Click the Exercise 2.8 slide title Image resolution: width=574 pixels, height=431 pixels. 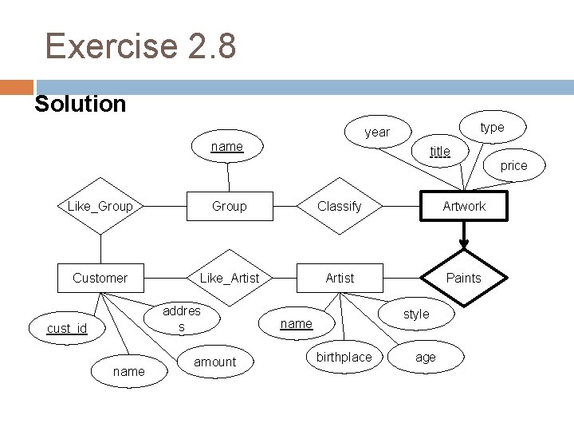pos(140,45)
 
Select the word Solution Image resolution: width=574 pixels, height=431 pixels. pos(81,104)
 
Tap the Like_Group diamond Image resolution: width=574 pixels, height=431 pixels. pos(100,207)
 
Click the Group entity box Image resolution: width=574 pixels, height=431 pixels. pos(230,206)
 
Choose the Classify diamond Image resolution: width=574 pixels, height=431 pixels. pos(339,206)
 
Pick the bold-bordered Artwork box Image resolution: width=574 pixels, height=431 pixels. pos(464,206)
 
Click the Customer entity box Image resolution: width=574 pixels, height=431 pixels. pos(100,278)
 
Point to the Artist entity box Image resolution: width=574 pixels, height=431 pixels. pos(340,278)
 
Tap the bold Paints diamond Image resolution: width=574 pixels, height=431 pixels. pos(463,278)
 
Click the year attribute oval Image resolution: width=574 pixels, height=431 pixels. pos(377,132)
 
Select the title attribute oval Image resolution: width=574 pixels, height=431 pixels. pos(439,151)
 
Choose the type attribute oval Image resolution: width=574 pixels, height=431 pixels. pos(492,128)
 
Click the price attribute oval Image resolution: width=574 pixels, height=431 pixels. pos(513,166)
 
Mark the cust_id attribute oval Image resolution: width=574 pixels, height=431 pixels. pos(67,329)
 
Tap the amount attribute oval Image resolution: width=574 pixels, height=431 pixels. pos(215,362)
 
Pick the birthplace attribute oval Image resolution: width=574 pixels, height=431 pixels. pos(344,357)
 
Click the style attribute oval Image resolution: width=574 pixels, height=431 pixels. pos(416,314)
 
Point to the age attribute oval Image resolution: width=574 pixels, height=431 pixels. pos(426,357)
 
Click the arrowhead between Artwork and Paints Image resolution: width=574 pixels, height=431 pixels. pos(463,244)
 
